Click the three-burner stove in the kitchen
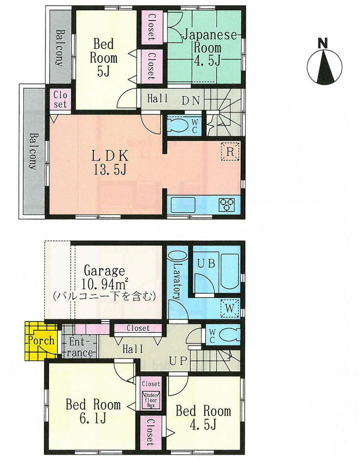226,204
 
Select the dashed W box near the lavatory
230,308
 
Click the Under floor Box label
150,400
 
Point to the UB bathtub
229,272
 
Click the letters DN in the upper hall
190,101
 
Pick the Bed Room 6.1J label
93,411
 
